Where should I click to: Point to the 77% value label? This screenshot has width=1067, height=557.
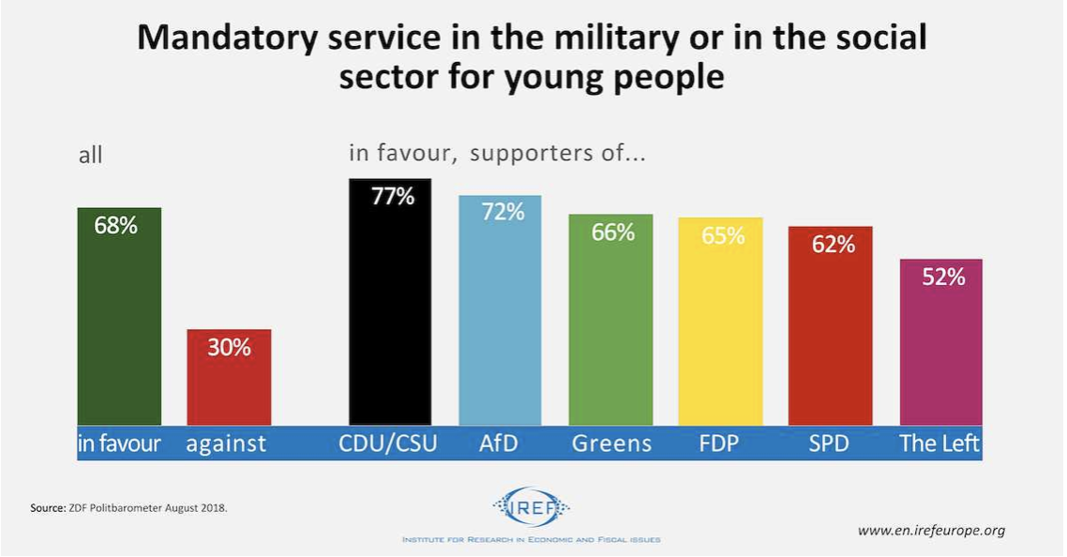(x=392, y=198)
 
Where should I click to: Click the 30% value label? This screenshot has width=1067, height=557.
(x=229, y=347)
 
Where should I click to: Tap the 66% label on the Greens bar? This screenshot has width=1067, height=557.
(x=612, y=233)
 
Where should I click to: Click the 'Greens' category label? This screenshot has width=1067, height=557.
(x=611, y=444)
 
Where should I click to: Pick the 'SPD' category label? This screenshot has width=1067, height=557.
(x=829, y=444)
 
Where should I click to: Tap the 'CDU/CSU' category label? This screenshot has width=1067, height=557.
(x=388, y=444)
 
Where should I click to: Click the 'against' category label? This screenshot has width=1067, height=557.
(x=226, y=444)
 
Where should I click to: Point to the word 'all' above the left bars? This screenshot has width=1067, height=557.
(x=90, y=156)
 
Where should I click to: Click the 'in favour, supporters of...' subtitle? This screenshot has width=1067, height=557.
(x=497, y=154)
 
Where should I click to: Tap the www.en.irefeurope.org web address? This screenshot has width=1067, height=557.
(x=931, y=531)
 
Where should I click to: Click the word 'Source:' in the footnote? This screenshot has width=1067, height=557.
(x=47, y=508)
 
